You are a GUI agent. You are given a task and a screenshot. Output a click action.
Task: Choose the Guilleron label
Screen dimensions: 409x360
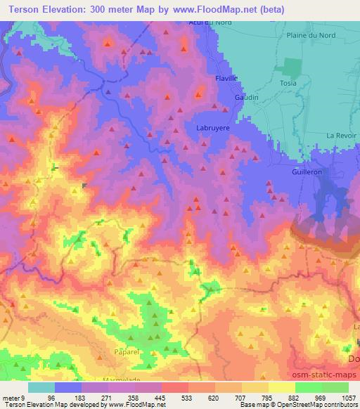[307, 171]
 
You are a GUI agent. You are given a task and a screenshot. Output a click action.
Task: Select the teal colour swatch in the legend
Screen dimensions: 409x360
[41, 387]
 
